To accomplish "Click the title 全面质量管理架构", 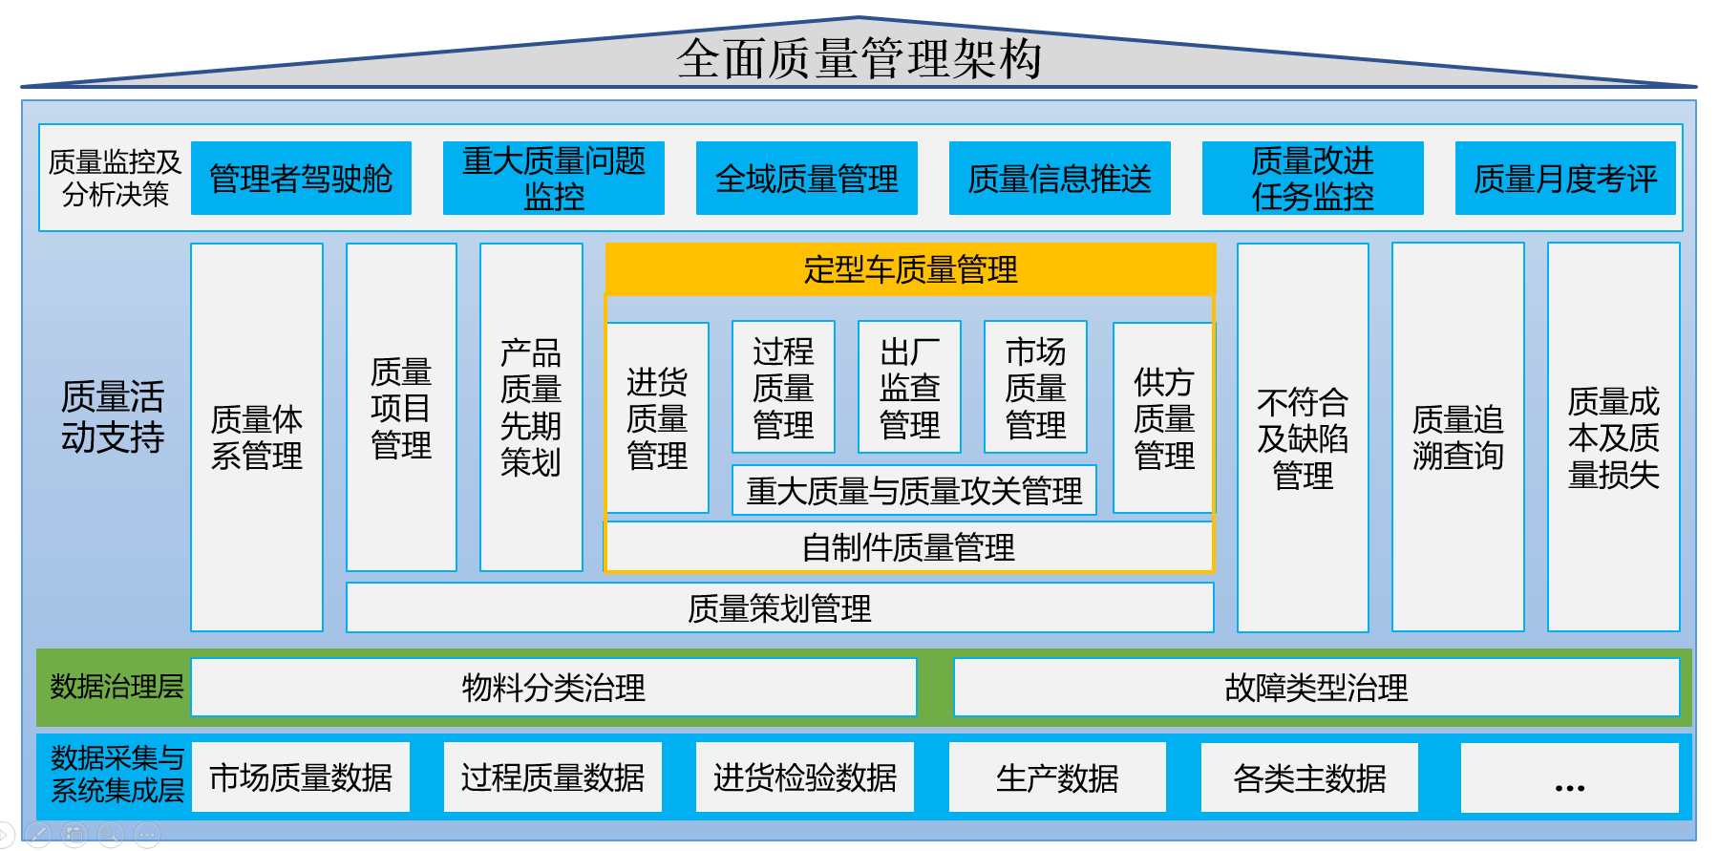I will tap(859, 59).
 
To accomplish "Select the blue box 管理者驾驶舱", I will tap(301, 179).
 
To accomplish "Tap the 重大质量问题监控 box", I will tap(554, 179).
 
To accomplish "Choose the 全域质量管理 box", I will tap(807, 179).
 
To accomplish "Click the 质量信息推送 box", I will tap(1060, 179).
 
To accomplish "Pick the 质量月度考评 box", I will tap(1565, 179).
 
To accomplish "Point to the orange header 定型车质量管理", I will tap(910, 269).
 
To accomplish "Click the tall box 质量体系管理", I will tap(257, 437).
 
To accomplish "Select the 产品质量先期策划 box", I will tap(531, 408).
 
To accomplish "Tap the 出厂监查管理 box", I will tap(909, 387).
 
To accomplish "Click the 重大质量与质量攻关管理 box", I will tap(914, 490).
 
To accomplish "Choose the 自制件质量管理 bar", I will tap(908, 547).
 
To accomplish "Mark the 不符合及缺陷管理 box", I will tap(1303, 437).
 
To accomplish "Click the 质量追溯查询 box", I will tap(1457, 437).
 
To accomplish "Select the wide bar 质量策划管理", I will tap(779, 608).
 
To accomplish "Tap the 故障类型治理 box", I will tap(1316, 688).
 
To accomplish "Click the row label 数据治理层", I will tap(117, 687).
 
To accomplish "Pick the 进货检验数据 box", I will tap(805, 777).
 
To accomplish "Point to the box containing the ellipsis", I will tap(1569, 777).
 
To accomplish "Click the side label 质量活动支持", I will tap(113, 416).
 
